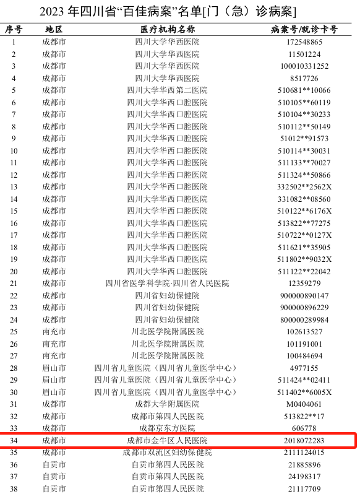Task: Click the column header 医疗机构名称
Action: click(x=167, y=30)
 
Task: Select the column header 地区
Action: click(x=54, y=30)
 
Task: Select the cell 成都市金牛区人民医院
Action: click(x=167, y=440)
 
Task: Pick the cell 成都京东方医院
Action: click(x=167, y=428)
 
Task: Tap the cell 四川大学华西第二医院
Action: click(x=167, y=90)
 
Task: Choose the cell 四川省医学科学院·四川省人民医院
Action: click(x=167, y=284)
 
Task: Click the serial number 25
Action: click(x=14, y=332)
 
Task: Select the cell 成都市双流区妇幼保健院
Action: click(x=167, y=453)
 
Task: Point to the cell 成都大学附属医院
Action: click(x=167, y=404)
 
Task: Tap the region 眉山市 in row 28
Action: click(x=54, y=368)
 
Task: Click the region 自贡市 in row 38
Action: click(x=54, y=488)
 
